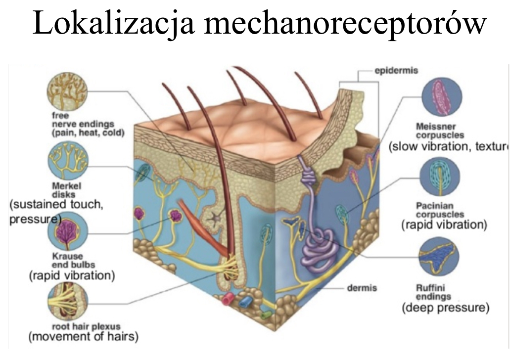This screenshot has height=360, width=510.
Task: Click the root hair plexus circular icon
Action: pos(67,301)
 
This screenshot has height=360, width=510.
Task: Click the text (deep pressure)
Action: pos(445,308)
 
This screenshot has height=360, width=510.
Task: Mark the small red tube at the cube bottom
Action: pos(229,299)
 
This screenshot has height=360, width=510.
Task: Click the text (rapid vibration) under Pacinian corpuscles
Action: pos(444,225)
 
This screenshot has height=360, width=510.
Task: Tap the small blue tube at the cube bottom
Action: pos(246,302)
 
